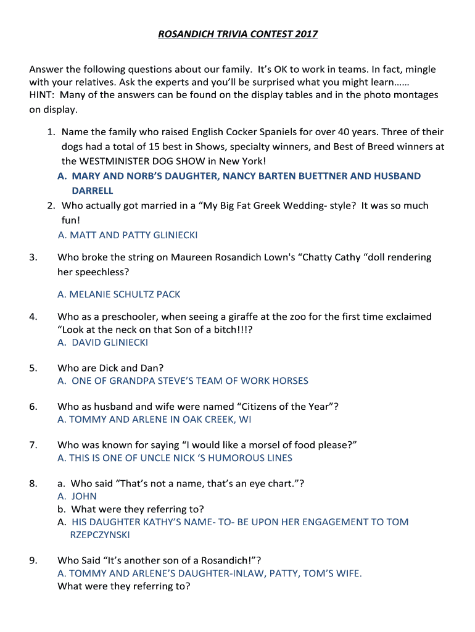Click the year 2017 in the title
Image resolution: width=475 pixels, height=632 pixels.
click(305, 34)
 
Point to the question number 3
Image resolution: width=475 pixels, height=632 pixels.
click(33, 257)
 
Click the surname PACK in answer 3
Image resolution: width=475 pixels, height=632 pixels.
click(168, 294)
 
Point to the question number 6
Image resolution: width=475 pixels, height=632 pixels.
click(33, 407)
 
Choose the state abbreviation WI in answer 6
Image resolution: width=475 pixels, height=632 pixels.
click(245, 420)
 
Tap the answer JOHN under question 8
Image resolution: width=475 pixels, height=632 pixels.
click(85, 496)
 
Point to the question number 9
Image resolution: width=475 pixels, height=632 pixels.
click(33, 560)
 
